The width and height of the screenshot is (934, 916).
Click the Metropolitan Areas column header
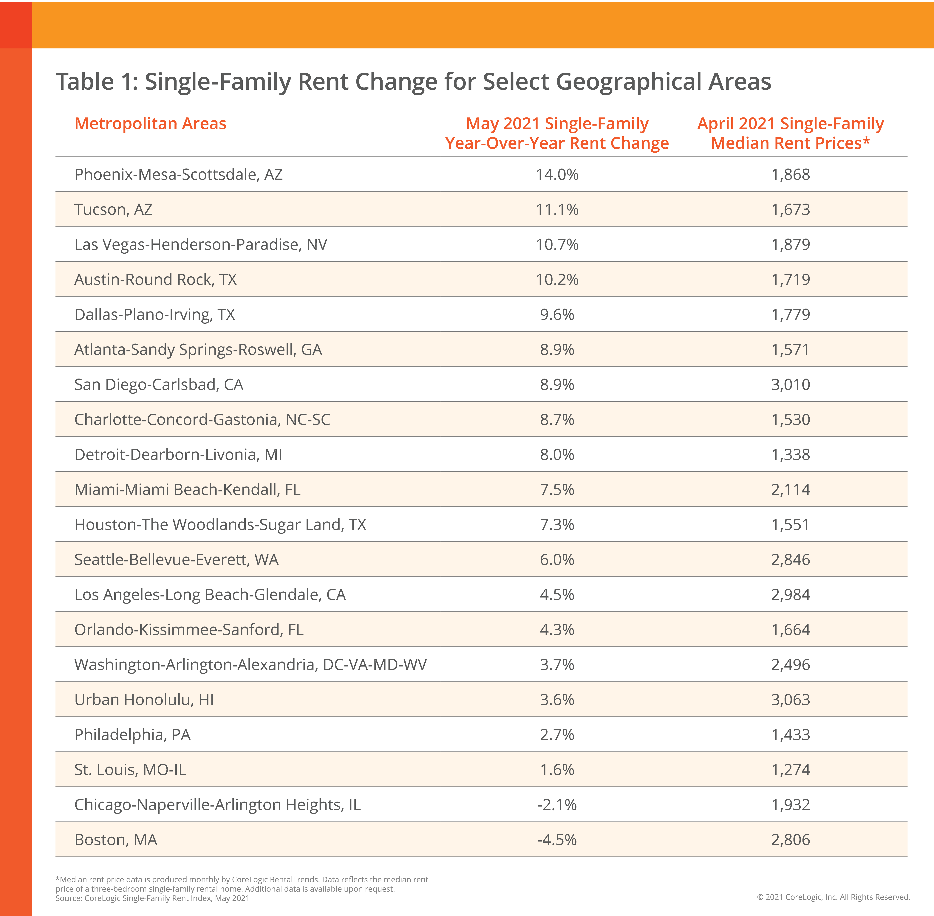[150, 124]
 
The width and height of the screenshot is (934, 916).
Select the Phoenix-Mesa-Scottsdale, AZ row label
[178, 174]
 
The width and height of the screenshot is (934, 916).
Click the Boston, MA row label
[115, 839]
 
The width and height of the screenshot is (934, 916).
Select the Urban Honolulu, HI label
[144, 700]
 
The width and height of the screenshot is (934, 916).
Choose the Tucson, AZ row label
[113, 209]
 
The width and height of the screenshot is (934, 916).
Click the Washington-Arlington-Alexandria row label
[250, 664]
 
